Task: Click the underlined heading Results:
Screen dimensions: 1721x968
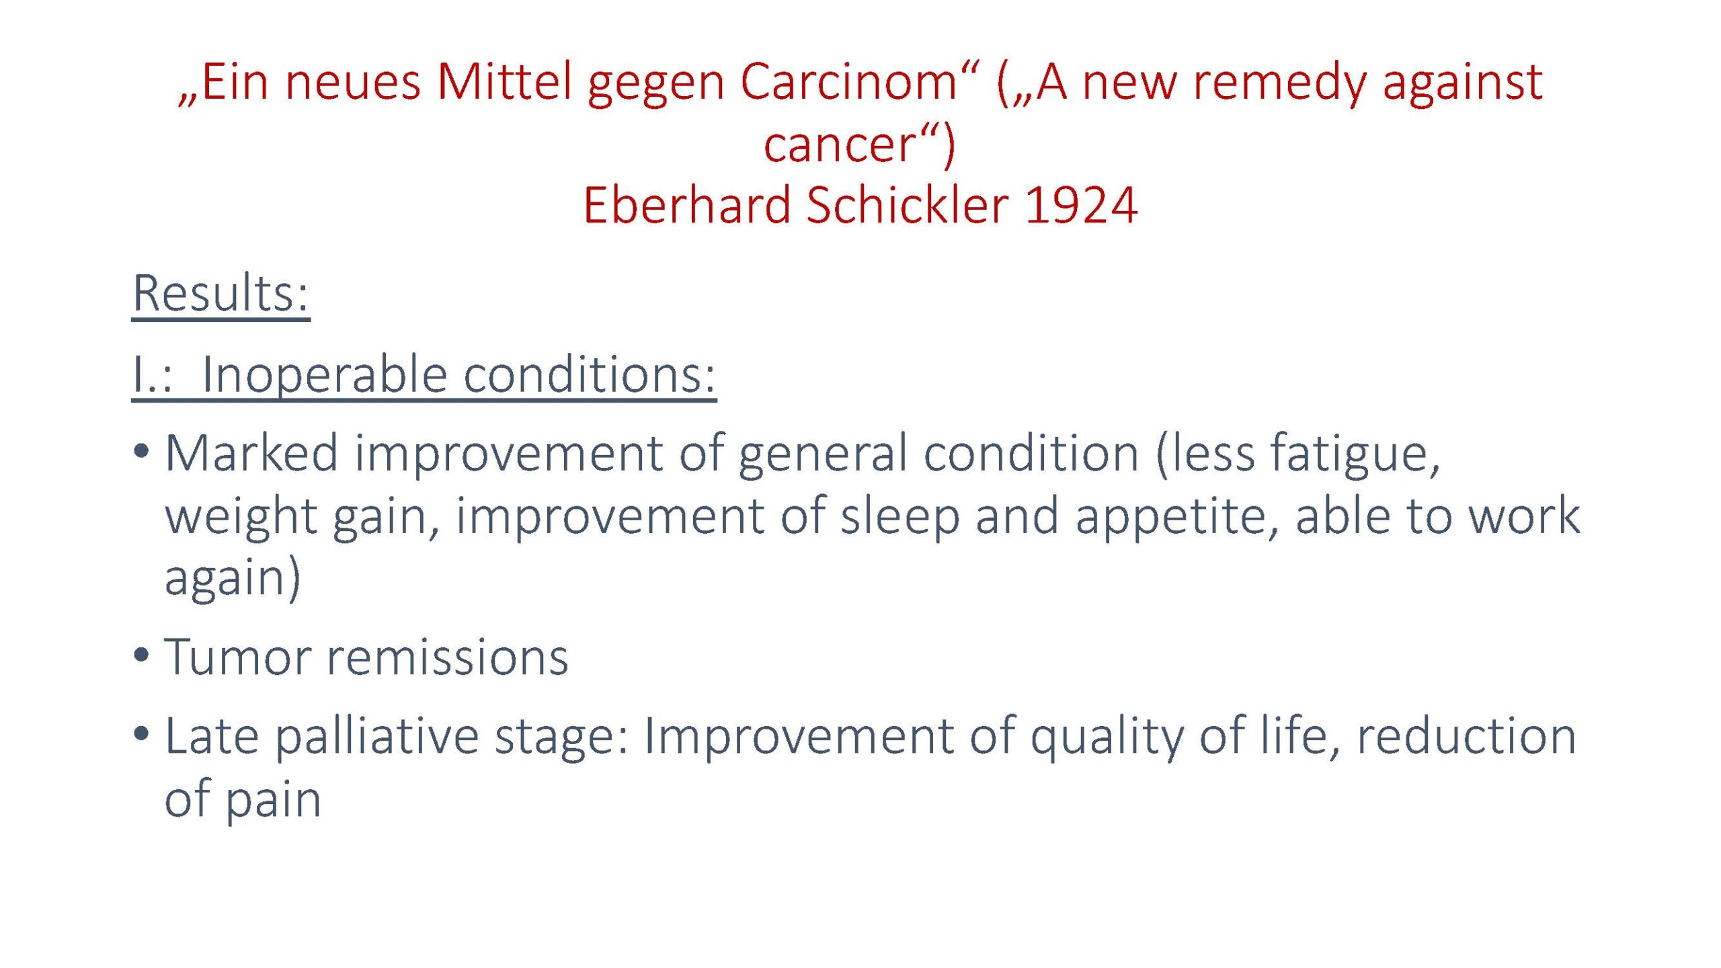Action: (x=221, y=293)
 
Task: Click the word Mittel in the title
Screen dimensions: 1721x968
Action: (x=504, y=82)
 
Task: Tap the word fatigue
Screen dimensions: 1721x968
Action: (x=1355, y=454)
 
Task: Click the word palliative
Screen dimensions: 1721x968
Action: (x=377, y=737)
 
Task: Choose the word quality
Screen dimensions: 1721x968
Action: (x=1107, y=737)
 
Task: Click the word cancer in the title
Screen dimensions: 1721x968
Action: (x=840, y=145)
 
